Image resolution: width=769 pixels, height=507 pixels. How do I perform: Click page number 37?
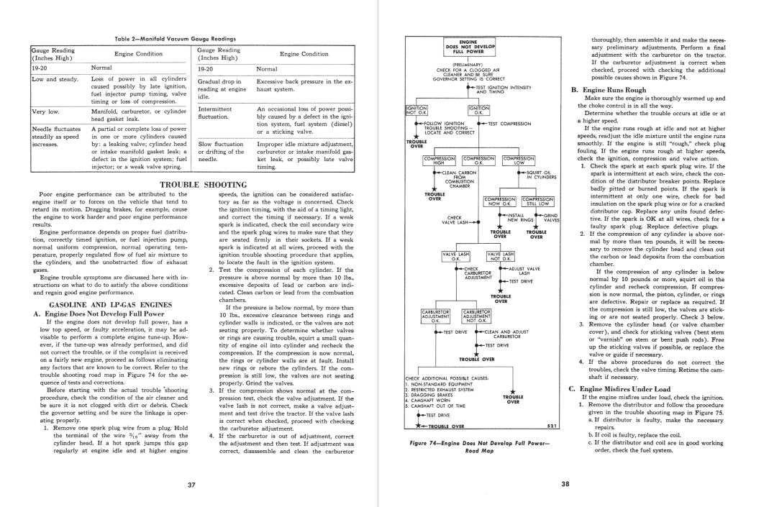coord(191,485)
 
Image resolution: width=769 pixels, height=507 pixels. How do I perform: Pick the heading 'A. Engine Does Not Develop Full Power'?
coord(99,314)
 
